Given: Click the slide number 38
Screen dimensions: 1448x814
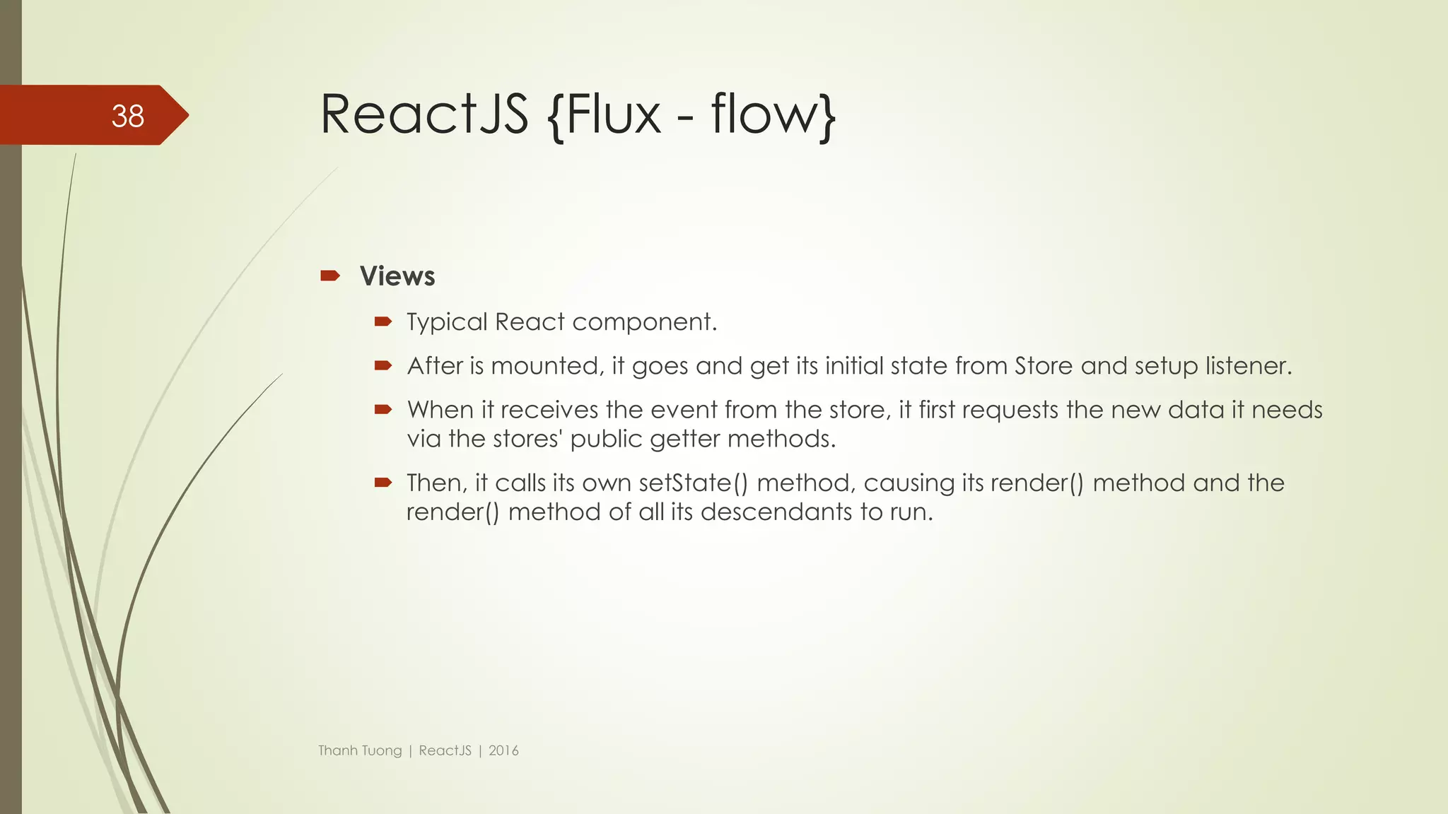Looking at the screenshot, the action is point(128,116).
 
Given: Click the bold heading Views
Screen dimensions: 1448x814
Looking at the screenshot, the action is point(397,276).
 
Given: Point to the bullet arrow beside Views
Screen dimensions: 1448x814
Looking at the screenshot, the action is point(330,276).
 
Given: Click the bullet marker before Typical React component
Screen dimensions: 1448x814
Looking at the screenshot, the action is point(383,322).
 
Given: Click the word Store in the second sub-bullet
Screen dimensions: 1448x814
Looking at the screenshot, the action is point(1044,366).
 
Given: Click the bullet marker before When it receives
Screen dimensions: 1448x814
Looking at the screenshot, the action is point(383,410).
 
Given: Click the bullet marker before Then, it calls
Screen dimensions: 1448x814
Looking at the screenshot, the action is point(383,483).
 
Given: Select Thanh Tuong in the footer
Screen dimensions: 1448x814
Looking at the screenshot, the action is point(360,750).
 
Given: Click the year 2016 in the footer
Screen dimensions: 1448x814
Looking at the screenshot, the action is point(503,750).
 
